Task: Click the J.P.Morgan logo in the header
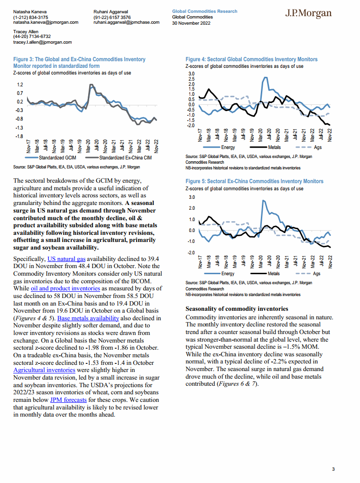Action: click(308, 13)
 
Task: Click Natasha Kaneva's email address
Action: click(46, 22)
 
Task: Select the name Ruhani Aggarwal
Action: click(111, 10)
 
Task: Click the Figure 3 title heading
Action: click(79, 63)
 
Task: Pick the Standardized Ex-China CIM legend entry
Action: click(120, 157)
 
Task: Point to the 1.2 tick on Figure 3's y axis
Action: click(20, 84)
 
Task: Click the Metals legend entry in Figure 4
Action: click(269, 148)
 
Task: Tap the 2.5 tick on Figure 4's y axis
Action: click(191, 79)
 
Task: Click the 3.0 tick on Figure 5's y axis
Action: click(192, 197)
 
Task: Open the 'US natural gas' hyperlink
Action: click(66, 259)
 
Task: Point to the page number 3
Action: click(333, 469)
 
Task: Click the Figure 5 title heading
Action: click(254, 181)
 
